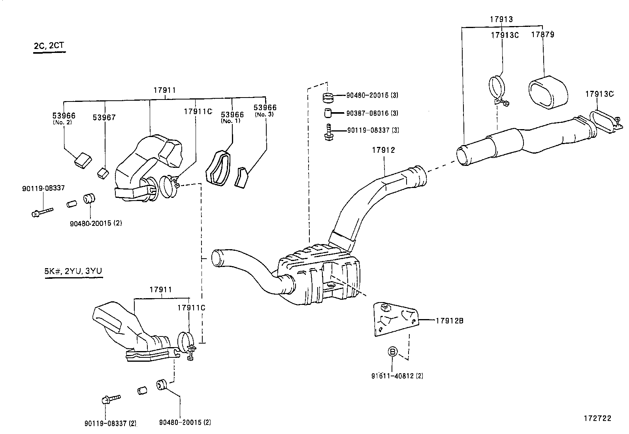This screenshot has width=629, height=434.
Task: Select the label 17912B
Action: coord(449,321)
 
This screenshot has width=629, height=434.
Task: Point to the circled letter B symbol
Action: coord(392,351)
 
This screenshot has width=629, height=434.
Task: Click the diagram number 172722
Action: coord(598,418)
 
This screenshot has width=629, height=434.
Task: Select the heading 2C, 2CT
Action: coord(49,45)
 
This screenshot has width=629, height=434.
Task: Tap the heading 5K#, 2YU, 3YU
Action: coord(73,271)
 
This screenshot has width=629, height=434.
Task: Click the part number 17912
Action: coord(383,150)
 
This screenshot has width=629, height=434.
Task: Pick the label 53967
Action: coord(104,117)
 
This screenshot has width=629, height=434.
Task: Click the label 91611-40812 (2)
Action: coord(397,376)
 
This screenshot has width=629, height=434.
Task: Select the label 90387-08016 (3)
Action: coord(372,113)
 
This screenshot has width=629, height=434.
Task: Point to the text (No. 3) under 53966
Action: coord(265,114)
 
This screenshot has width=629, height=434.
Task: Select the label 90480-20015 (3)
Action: coord(372,95)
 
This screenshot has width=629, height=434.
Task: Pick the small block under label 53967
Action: coord(103,173)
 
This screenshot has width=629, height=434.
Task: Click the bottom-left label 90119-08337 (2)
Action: coord(110,423)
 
